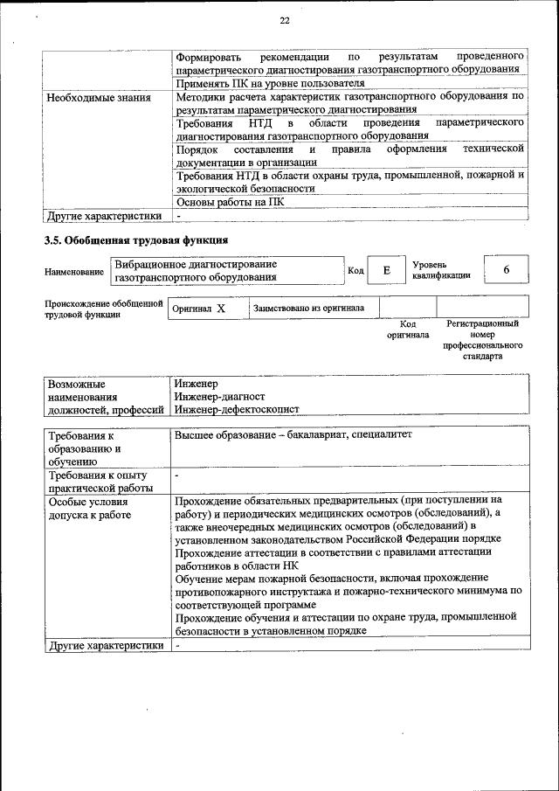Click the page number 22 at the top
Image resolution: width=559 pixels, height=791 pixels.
tap(285, 21)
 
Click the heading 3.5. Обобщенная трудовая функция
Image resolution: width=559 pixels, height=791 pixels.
tap(136, 239)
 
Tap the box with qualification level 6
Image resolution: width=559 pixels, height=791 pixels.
tap(506, 270)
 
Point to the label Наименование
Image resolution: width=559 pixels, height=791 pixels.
tap(74, 272)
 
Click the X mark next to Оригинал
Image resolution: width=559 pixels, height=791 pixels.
tap(221, 309)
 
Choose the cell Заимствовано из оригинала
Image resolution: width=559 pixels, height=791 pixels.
tap(309, 309)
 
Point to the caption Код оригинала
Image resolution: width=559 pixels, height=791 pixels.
tap(408, 329)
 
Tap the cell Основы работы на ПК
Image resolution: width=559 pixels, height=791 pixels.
tap(229, 201)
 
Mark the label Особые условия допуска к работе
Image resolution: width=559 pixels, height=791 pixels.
tap(90, 509)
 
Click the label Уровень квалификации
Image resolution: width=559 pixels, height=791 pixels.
tap(441, 269)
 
